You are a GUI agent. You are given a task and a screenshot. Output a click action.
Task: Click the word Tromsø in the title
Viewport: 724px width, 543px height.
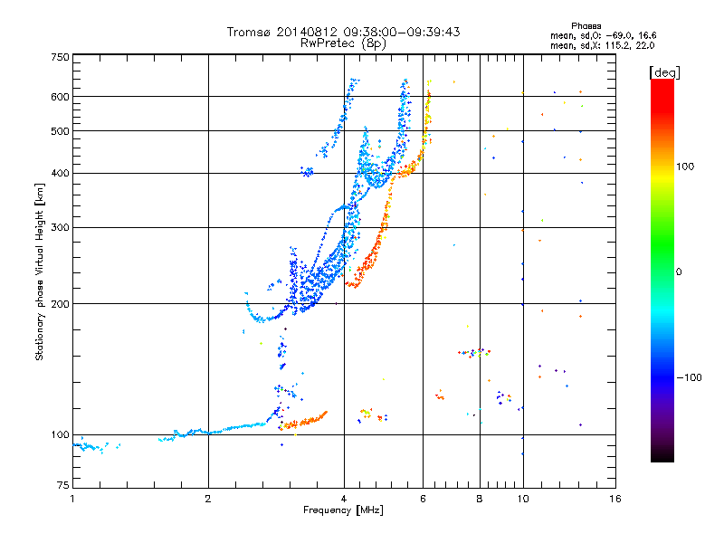[x=248, y=32]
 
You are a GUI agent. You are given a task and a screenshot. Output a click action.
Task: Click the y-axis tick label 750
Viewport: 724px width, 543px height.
[x=60, y=57]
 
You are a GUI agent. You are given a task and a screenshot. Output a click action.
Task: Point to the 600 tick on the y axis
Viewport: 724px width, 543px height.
[x=60, y=97]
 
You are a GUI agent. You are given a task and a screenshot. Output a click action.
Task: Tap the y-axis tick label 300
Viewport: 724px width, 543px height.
[x=60, y=227]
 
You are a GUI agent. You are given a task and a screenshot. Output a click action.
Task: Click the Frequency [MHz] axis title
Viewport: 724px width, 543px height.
[x=343, y=511]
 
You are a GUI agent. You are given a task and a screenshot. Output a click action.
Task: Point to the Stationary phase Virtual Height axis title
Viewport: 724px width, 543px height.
[x=40, y=271]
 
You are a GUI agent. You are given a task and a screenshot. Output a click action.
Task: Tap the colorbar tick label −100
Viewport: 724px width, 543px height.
[x=689, y=377]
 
